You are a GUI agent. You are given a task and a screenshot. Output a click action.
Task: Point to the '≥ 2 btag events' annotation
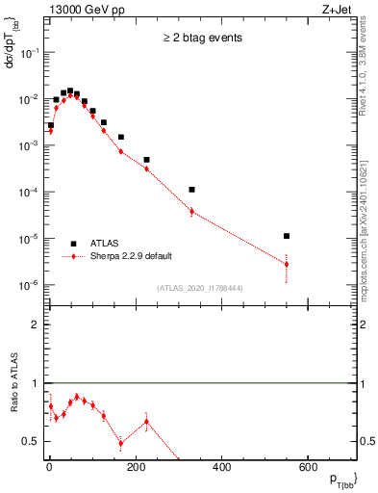pyautogui.click(x=201, y=39)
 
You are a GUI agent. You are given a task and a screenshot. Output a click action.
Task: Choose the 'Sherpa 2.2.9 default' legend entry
pyautogui.click(x=131, y=256)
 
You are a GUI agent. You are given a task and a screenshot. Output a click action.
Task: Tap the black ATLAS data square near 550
pyautogui.click(x=287, y=236)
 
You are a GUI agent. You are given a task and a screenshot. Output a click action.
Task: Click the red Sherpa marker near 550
pyautogui.click(x=287, y=264)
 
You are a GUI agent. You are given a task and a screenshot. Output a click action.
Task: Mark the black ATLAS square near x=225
pyautogui.click(x=146, y=160)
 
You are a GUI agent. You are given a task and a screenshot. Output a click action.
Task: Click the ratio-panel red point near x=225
pyautogui.click(x=146, y=421)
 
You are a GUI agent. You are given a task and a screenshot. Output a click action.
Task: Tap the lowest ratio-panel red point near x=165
pyautogui.click(x=120, y=443)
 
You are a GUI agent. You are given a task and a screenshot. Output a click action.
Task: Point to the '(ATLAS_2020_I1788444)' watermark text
pyautogui.click(x=201, y=287)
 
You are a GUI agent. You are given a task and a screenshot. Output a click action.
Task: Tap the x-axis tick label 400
pyautogui.click(x=221, y=468)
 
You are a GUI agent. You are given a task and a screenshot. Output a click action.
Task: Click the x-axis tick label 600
pyautogui.click(x=308, y=468)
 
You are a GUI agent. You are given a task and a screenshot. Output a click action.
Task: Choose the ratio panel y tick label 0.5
pyautogui.click(x=31, y=441)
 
